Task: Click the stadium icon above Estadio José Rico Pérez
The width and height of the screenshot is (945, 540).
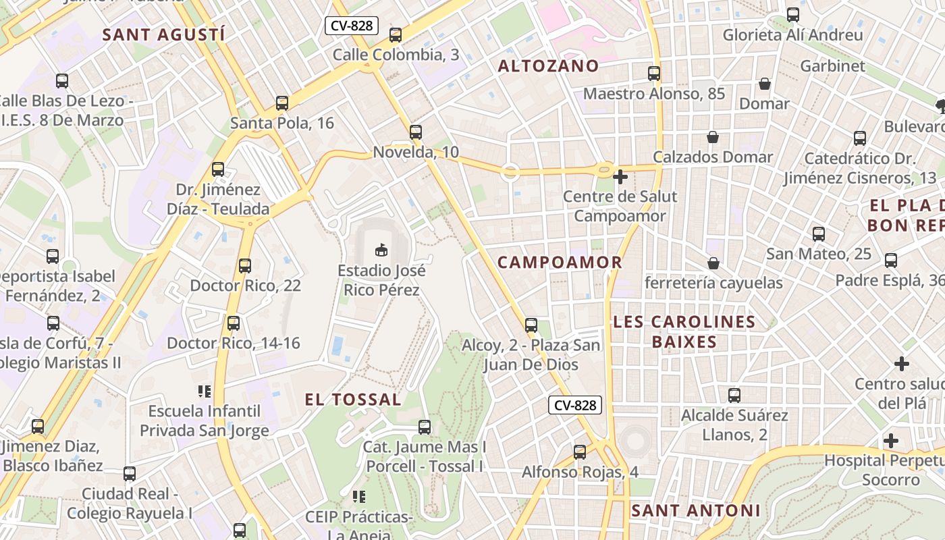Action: tap(381, 250)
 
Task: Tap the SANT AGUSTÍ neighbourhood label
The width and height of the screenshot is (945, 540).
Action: tap(163, 35)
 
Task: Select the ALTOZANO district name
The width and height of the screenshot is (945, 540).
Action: tap(548, 65)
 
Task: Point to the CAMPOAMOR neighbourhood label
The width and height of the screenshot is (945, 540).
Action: tap(560, 262)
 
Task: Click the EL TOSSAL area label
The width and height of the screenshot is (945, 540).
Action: tap(353, 399)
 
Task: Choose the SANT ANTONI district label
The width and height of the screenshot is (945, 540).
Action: tap(695, 510)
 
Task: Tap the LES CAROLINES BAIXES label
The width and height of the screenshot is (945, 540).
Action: tap(684, 331)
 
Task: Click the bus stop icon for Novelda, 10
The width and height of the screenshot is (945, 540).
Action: tap(416, 132)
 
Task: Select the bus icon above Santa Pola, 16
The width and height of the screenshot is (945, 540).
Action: tap(282, 103)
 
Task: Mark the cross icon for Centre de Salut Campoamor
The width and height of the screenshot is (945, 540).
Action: tap(620, 177)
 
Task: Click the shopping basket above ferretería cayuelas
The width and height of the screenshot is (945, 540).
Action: tap(713, 263)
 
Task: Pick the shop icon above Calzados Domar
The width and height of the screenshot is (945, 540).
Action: tap(713, 137)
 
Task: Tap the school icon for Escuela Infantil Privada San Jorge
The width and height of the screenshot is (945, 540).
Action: tap(205, 391)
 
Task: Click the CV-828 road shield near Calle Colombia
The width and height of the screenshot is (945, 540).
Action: tap(352, 26)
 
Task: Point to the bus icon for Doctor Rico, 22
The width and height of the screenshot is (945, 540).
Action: tap(245, 266)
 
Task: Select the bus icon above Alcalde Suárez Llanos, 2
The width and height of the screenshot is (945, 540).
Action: tap(734, 396)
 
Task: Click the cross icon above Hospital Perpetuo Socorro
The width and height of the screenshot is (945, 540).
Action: tap(891, 441)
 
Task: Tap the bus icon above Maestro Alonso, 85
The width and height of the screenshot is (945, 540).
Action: tap(654, 74)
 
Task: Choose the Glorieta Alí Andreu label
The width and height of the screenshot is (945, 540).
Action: tap(792, 35)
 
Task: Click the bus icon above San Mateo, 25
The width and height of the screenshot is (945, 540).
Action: tap(819, 234)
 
